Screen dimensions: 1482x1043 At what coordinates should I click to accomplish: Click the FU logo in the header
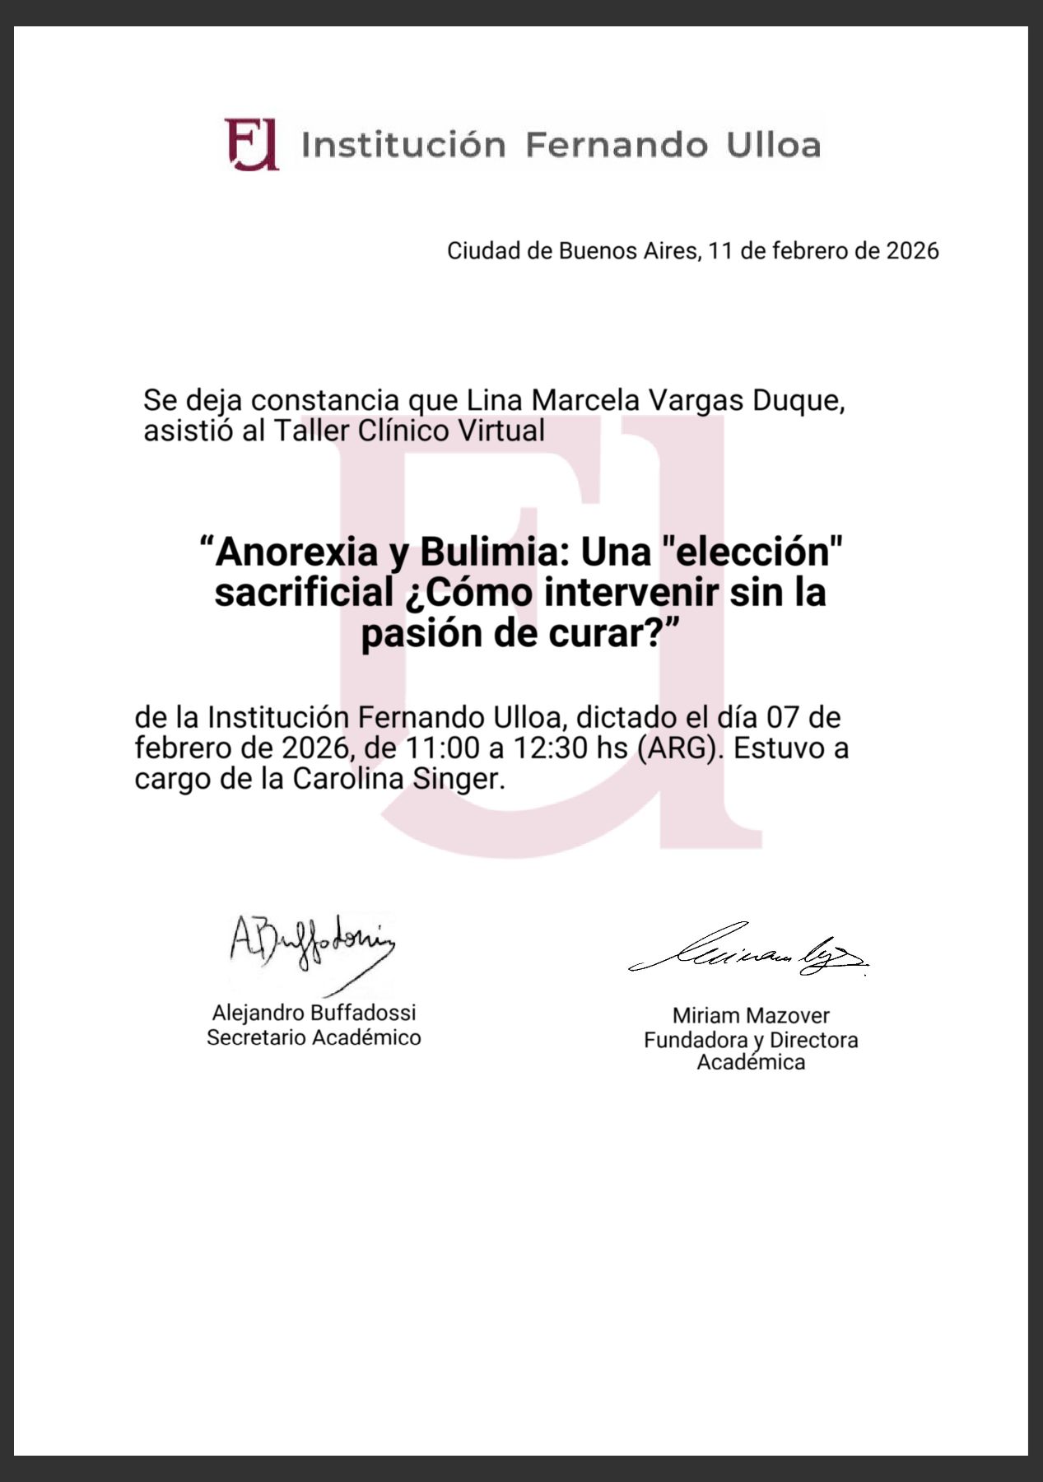[x=251, y=144]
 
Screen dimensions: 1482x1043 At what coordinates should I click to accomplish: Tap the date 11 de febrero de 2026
[x=823, y=251]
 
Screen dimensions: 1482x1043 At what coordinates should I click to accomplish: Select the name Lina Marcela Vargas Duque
[x=655, y=401]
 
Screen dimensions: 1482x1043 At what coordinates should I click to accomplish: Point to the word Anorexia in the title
[x=296, y=552]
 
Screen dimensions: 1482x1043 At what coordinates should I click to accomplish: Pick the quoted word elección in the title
[x=753, y=552]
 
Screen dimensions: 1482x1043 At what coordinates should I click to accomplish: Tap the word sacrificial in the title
[x=303, y=593]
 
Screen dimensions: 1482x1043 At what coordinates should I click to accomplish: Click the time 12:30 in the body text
[x=547, y=748]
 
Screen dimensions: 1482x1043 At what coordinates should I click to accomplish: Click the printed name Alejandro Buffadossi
[x=314, y=1013]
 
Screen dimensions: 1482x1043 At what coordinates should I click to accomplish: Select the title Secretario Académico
[x=314, y=1037]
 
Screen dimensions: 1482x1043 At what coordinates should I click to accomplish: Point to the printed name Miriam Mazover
[x=751, y=1016]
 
